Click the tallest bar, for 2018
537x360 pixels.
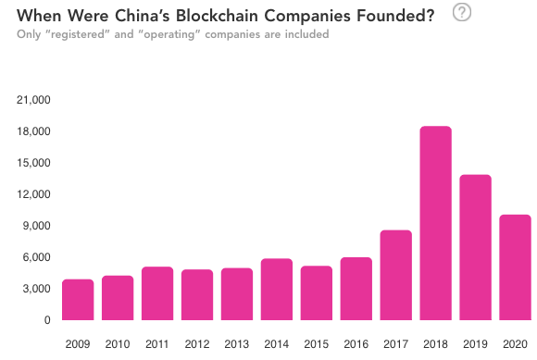point(435,223)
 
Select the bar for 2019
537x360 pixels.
point(475,247)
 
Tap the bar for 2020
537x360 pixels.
point(515,267)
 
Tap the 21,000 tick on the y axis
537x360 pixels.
point(34,100)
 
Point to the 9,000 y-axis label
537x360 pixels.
point(37,226)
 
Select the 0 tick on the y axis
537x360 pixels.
point(46,320)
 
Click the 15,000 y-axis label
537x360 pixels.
point(34,163)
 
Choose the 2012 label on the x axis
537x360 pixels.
point(196,344)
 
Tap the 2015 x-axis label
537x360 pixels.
point(316,344)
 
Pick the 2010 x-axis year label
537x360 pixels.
point(118,344)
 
